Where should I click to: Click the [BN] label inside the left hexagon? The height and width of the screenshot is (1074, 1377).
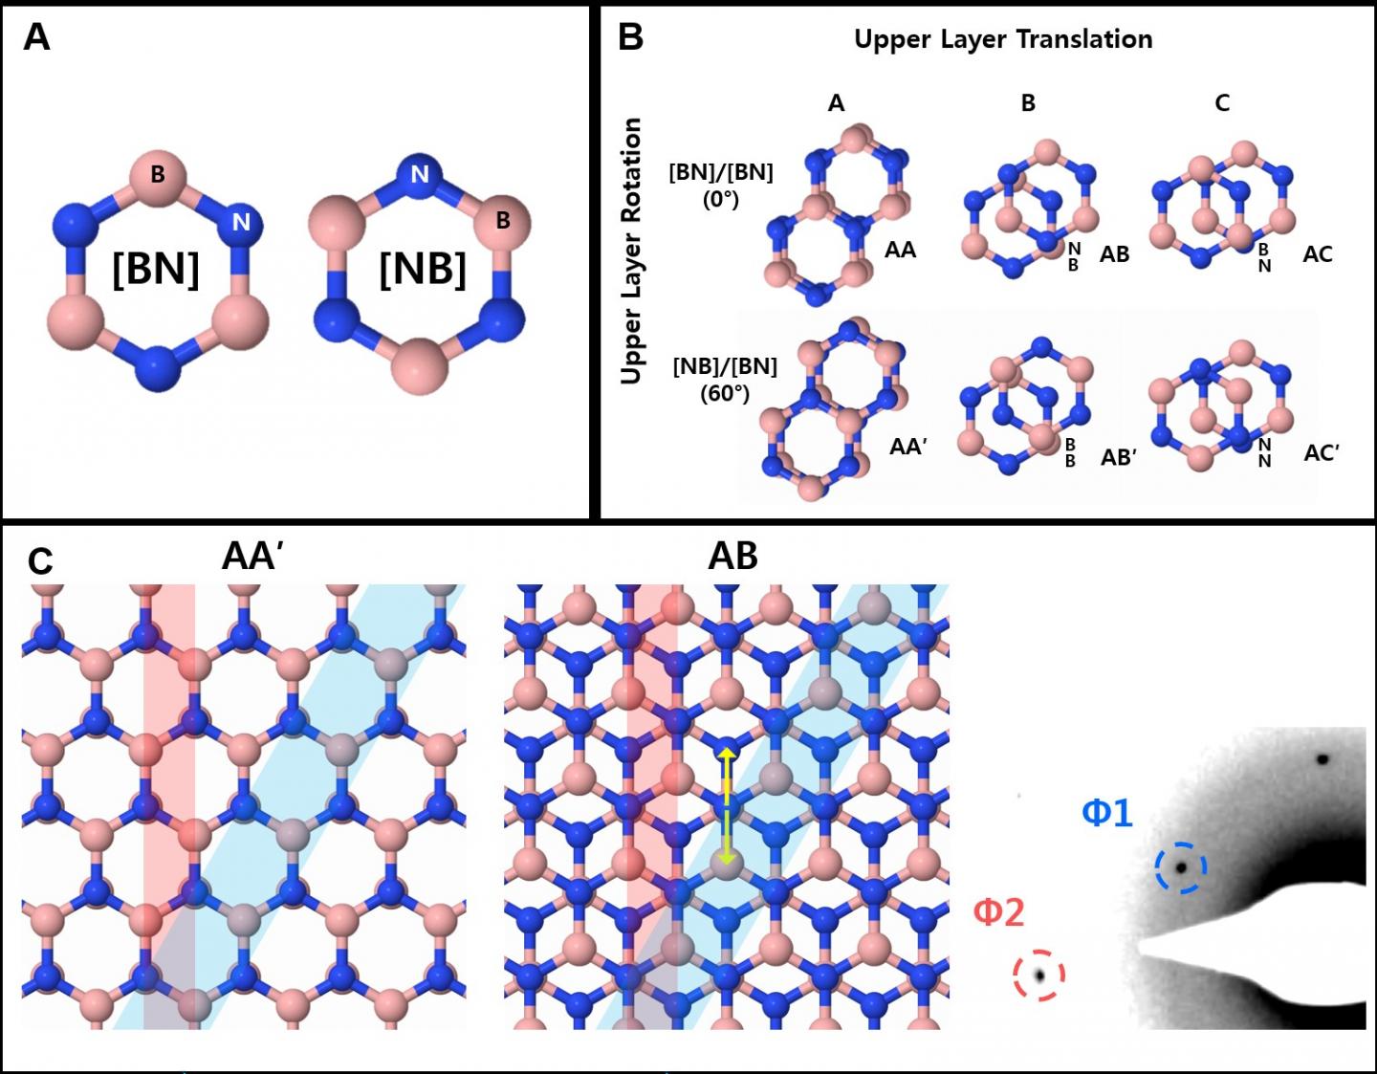click(x=156, y=269)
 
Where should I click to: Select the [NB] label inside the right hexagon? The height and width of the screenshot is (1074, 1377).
click(x=422, y=269)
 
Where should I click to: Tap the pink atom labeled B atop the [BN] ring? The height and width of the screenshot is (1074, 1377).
click(x=158, y=175)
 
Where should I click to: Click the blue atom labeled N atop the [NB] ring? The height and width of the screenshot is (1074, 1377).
click(x=420, y=175)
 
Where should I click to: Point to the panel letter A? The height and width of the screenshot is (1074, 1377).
click(x=36, y=38)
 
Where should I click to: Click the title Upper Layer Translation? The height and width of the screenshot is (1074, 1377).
click(x=1002, y=39)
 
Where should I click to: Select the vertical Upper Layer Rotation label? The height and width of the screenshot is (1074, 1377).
click(x=630, y=252)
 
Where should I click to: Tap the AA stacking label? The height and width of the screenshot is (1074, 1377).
click(x=900, y=251)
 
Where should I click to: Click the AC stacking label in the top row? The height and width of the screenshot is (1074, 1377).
click(x=1317, y=254)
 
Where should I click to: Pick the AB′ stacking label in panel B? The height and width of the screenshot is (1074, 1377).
click(x=1118, y=457)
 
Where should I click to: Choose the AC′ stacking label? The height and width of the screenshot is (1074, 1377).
click(x=1321, y=452)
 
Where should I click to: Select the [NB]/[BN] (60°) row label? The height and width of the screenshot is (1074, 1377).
click(x=724, y=379)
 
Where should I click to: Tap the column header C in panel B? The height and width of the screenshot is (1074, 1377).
click(x=1222, y=103)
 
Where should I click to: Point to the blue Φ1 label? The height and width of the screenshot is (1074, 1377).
click(x=1106, y=813)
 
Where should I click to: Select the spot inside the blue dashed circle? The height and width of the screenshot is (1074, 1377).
click(x=1181, y=867)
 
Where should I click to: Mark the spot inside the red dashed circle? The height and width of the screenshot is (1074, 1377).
click(x=1038, y=975)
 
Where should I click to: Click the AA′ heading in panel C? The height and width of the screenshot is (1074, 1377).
click(x=251, y=556)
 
